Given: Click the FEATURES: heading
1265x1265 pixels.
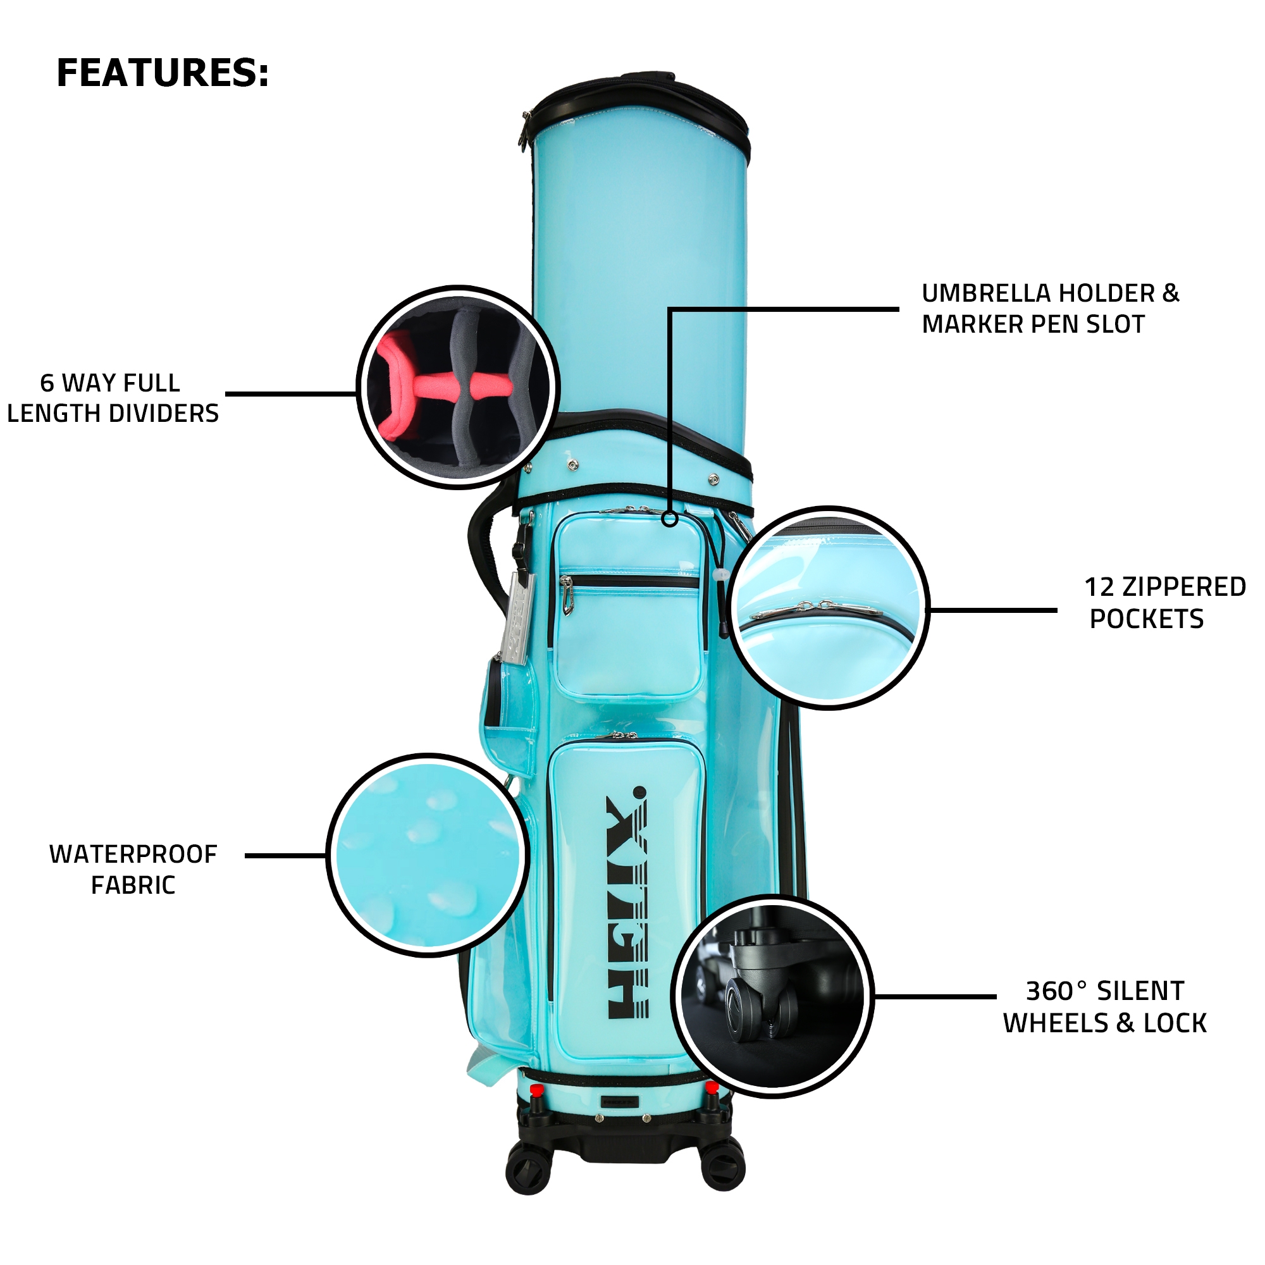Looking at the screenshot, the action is [163, 73].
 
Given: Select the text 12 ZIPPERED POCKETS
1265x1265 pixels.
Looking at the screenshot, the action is [1165, 603].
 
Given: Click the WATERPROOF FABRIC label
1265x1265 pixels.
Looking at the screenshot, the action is [133, 870].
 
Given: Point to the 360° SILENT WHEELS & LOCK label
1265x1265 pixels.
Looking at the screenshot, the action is [1104, 1007].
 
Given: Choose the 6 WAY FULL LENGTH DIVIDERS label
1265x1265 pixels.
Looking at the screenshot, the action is [113, 398].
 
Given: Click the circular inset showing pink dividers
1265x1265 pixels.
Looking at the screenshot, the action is [458, 387].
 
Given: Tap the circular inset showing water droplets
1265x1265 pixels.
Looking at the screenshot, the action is [428, 855].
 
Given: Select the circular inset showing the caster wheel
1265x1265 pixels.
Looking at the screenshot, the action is [773, 996].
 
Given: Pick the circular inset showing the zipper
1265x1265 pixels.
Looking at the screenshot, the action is [829, 608].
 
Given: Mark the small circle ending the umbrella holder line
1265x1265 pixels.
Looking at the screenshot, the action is [669, 519].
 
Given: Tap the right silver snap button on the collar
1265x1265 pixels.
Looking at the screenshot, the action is [713, 479].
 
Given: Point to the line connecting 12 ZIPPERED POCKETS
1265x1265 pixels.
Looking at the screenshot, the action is [993, 610].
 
